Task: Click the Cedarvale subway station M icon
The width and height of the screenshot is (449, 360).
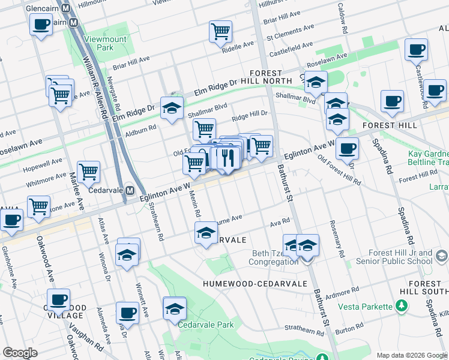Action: point(129,190)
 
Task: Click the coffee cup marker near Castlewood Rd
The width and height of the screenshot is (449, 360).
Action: point(416,49)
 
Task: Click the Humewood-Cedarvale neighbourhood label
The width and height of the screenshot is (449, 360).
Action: point(255,283)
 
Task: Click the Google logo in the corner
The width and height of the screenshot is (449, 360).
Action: point(20,353)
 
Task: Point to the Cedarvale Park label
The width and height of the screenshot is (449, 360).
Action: point(205,325)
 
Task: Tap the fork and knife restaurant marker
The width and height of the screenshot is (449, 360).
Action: point(227,157)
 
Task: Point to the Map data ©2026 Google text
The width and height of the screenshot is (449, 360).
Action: point(412,355)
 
